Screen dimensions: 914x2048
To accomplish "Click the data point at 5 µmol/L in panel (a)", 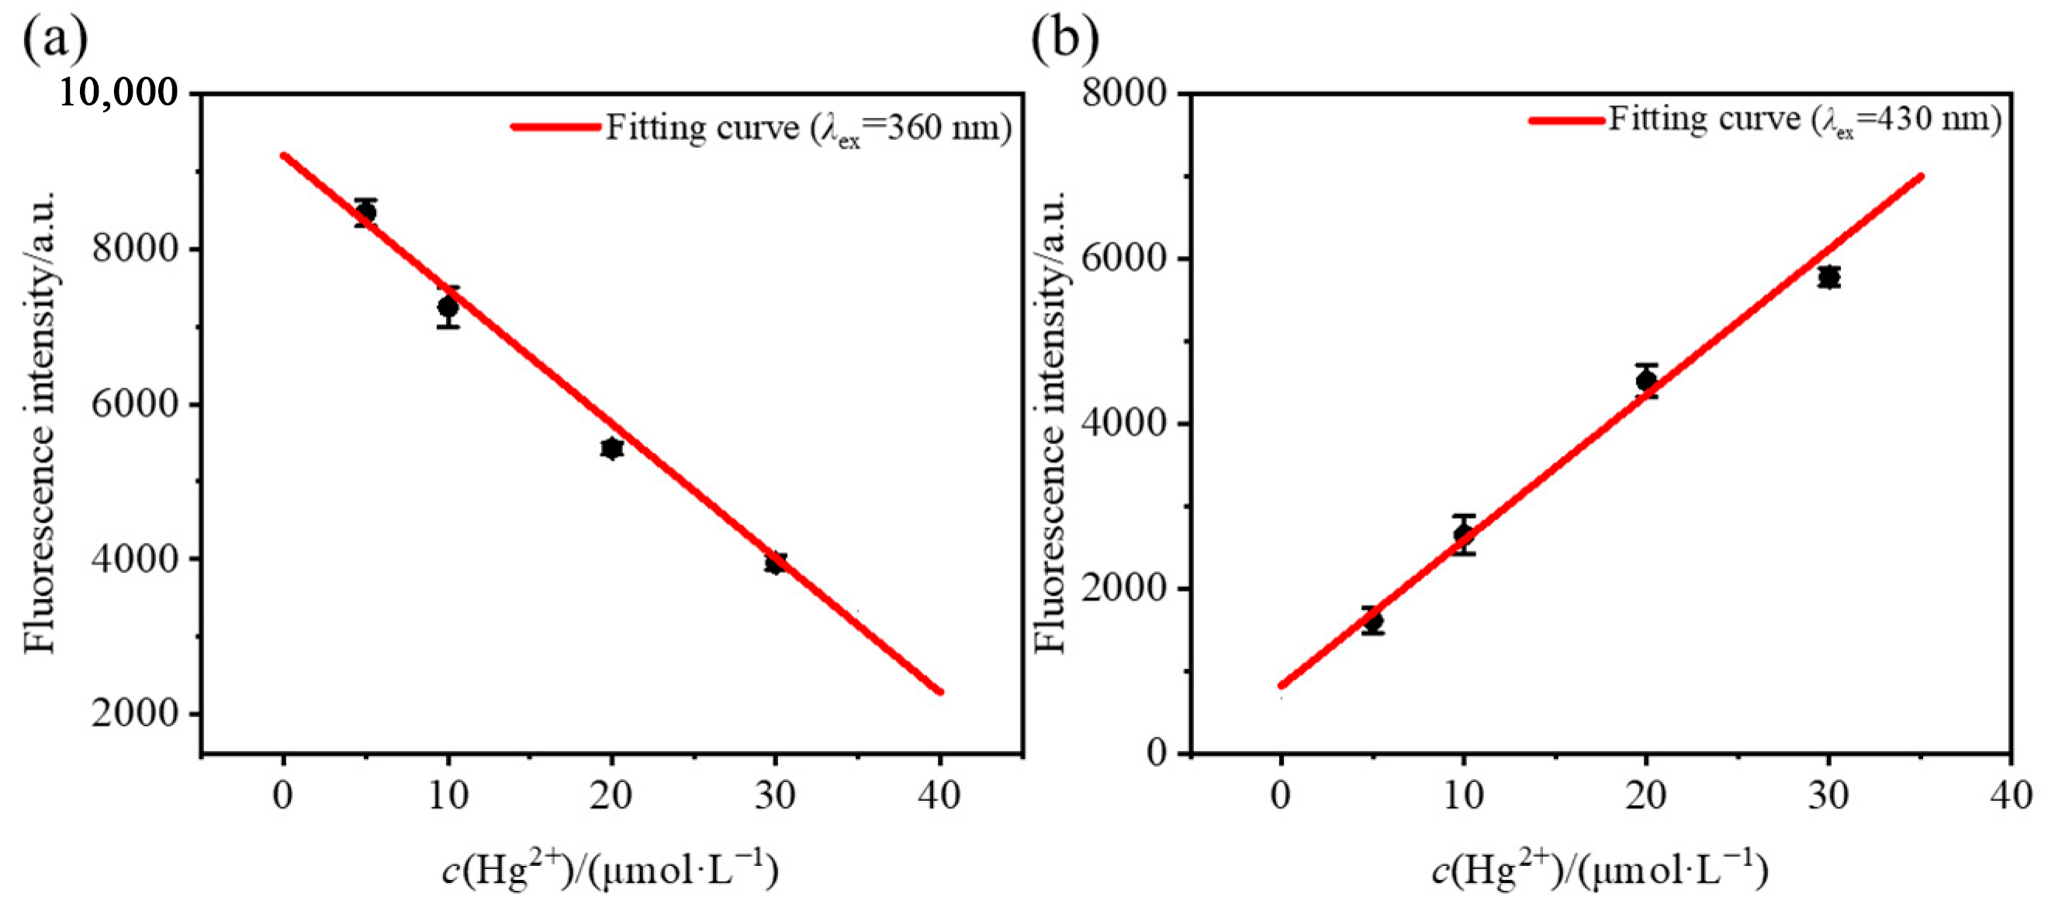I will coord(365,212).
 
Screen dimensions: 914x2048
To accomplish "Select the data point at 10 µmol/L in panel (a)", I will coord(448,306).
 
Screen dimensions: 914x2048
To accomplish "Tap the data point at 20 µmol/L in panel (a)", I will coord(611,448).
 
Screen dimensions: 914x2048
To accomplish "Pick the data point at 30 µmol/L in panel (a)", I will coord(775,564).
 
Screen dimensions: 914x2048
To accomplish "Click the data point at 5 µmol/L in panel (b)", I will coord(1373,621).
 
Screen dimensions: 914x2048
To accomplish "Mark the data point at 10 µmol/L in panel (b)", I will coord(1464,534).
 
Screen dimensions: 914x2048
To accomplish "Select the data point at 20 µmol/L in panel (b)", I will coord(1645,380).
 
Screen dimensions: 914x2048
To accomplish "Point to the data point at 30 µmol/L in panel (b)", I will coord(1828,277).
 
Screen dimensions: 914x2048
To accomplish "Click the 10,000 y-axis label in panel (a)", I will coord(119,93).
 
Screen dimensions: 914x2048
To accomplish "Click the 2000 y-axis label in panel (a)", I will coord(135,713).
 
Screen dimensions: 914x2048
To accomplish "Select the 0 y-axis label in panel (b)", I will coord(1156,752).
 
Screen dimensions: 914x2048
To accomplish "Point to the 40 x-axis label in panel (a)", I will coord(939,795).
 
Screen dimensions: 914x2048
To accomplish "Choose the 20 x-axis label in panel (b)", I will coord(1645,795).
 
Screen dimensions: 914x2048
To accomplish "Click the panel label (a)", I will coord(55,38).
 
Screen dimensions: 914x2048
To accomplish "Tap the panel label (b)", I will coord(1064,38).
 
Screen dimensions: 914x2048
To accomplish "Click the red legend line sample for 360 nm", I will coord(555,126).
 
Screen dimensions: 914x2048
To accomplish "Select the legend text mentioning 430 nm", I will coord(1804,120).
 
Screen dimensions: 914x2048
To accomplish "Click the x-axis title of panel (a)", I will coord(611,869).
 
